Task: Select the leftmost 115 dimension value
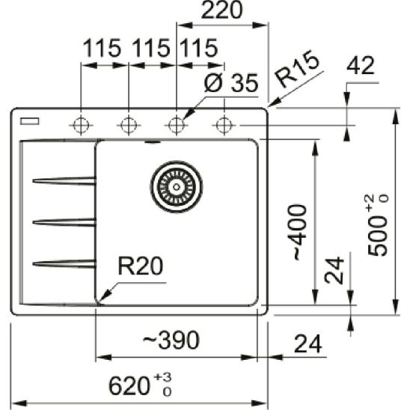tap(102, 49)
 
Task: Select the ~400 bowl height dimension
tap(297, 231)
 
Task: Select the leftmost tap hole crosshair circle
tap(79, 125)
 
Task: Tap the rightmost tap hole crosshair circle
tap(222, 125)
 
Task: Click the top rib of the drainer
tap(64, 180)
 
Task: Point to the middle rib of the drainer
tap(64, 221)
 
